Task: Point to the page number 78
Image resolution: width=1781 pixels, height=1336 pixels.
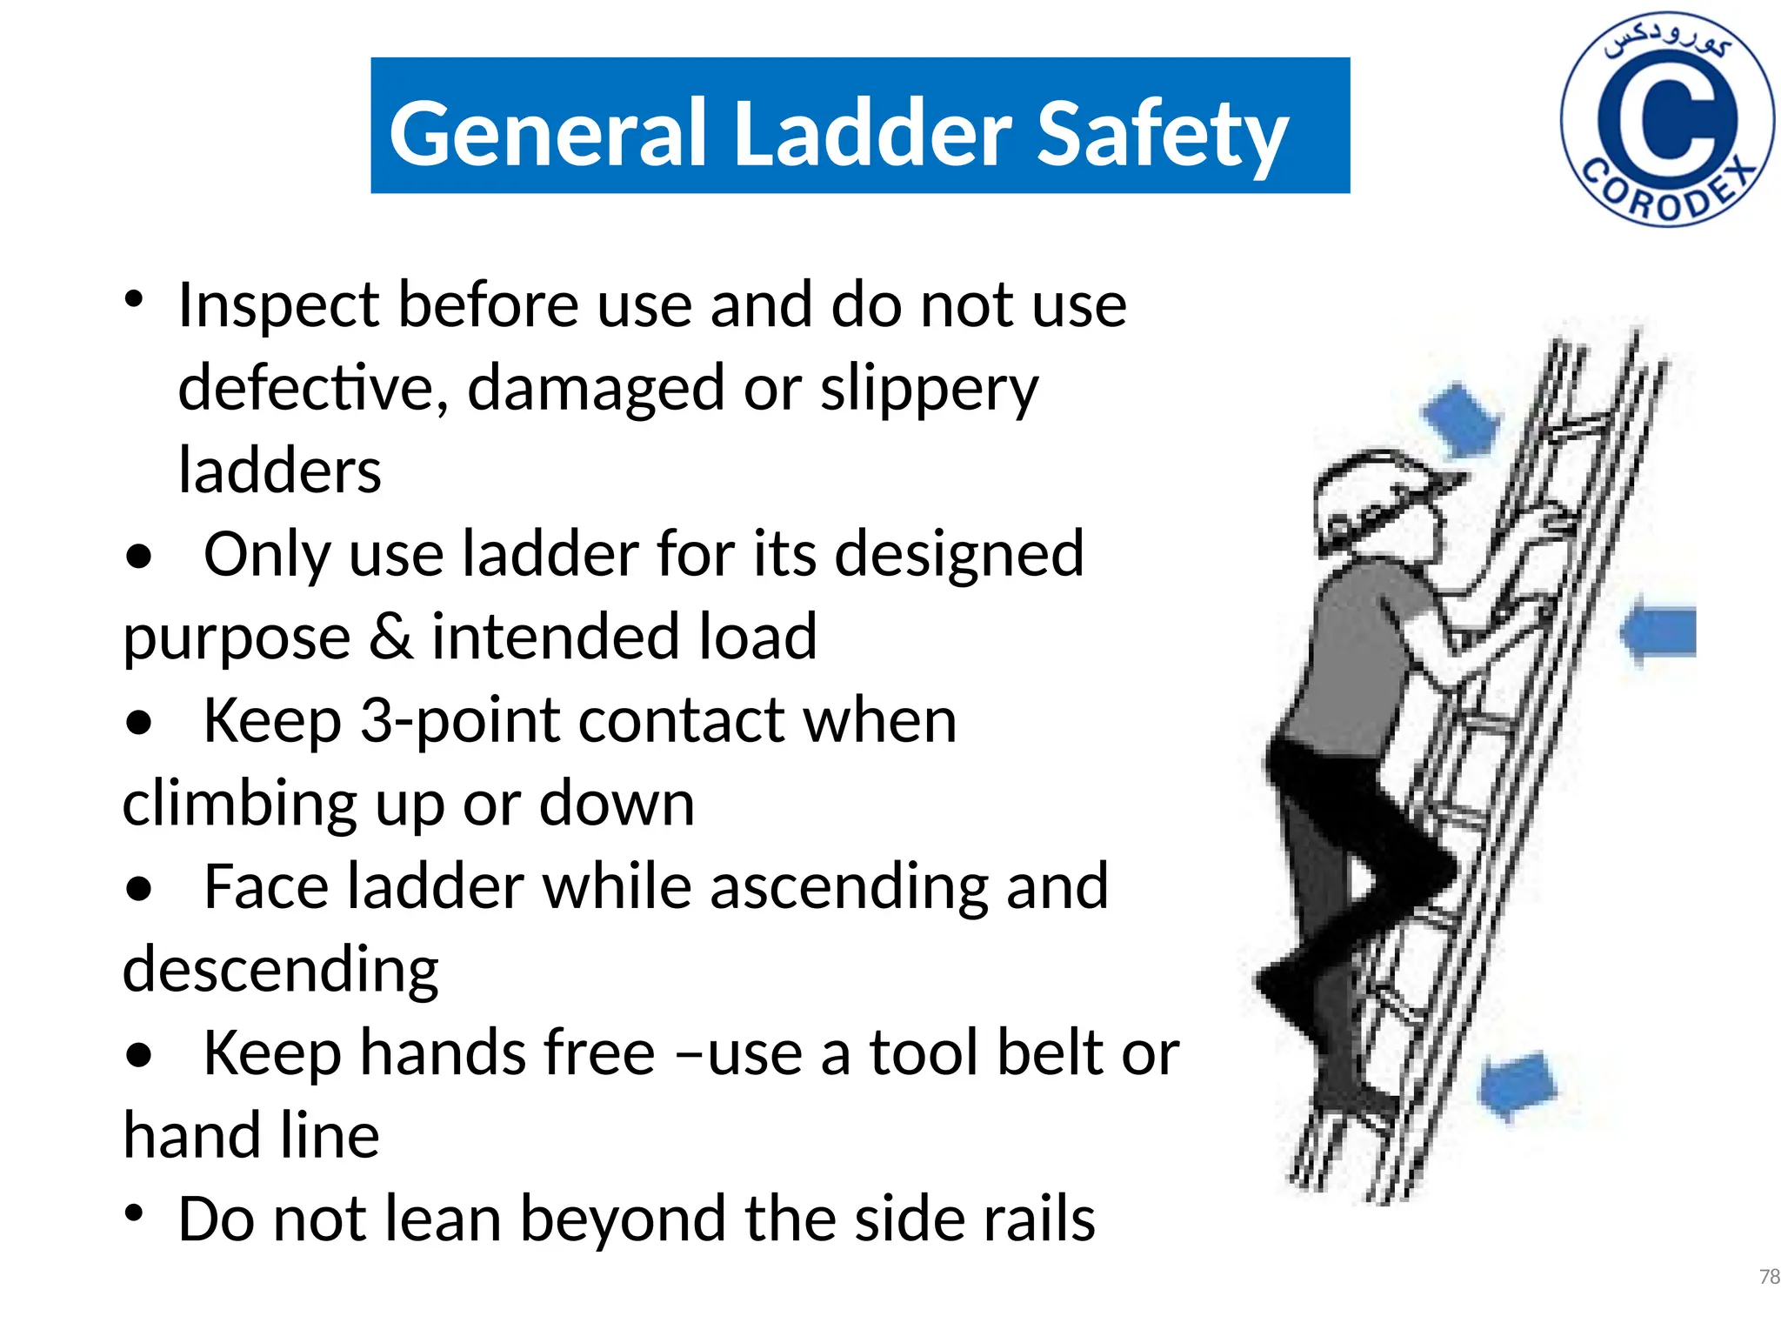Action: [x=1769, y=1276]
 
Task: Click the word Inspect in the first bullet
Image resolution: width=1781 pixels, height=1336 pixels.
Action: [x=278, y=306]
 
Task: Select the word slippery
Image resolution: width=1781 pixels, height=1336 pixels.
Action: [x=929, y=389]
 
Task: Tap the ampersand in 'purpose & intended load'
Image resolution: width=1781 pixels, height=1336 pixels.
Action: [x=390, y=636]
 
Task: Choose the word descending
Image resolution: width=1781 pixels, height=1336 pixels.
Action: [x=280, y=971]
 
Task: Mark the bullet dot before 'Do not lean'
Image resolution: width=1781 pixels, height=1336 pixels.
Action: [x=134, y=1211]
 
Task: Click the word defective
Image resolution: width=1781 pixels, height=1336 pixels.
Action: [x=312, y=387]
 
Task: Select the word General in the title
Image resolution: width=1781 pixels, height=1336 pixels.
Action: [x=548, y=132]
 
